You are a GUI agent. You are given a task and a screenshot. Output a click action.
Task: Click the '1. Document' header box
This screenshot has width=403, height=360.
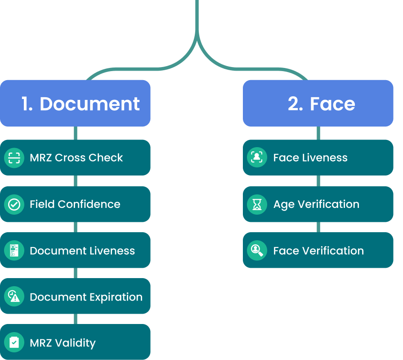(x=75, y=103)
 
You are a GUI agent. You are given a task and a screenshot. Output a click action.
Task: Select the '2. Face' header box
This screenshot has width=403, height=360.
(x=318, y=103)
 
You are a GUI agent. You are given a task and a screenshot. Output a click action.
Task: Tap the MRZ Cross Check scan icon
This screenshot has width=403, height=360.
(x=14, y=157)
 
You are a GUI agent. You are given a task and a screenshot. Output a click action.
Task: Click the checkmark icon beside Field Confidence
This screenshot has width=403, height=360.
(x=14, y=204)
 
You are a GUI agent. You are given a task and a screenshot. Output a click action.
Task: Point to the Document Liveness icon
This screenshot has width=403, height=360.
(x=14, y=251)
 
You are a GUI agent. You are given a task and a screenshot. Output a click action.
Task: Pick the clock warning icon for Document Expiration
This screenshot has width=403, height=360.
(x=14, y=297)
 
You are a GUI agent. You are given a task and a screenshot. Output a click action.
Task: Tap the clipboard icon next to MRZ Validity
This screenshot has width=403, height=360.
(x=14, y=342)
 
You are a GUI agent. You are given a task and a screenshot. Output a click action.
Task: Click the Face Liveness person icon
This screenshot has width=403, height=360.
(x=257, y=157)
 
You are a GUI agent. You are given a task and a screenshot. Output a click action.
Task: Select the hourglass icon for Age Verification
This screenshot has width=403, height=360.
(x=257, y=204)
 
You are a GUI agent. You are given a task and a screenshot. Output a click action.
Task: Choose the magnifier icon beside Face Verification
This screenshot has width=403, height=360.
(x=257, y=251)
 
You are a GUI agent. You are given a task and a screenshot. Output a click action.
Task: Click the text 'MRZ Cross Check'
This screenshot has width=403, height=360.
(x=76, y=157)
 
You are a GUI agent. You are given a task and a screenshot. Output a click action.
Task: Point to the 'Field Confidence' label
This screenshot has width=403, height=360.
(x=75, y=204)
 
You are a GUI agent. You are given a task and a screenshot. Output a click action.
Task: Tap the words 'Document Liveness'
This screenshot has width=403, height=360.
(x=82, y=251)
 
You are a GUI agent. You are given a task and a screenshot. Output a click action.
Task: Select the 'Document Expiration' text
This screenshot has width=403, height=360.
(x=86, y=297)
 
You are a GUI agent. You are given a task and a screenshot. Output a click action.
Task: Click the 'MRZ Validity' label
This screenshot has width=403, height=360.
(x=63, y=343)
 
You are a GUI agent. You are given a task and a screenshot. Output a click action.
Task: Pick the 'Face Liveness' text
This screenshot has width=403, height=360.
(x=310, y=157)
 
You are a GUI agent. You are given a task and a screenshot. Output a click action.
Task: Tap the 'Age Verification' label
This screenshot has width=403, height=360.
(x=316, y=204)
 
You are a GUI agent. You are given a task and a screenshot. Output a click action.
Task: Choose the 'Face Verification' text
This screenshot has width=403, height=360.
(x=318, y=251)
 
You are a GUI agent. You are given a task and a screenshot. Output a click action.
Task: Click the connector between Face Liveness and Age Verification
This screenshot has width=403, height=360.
(x=318, y=181)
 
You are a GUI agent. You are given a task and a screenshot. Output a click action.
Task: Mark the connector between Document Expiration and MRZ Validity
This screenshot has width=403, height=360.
(x=75, y=319)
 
